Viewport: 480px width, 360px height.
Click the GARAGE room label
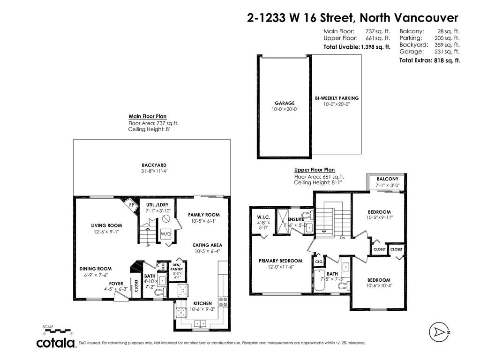click(x=285, y=103)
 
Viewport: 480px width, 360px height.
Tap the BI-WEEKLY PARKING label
click(x=337, y=98)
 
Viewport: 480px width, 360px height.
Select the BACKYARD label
click(x=154, y=165)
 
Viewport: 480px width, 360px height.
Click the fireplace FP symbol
click(x=132, y=205)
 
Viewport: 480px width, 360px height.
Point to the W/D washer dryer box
click(x=165, y=233)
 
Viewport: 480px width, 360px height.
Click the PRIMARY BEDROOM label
click(x=280, y=261)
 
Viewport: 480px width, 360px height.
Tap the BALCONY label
click(x=387, y=179)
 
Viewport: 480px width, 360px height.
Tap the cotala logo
click(x=56, y=343)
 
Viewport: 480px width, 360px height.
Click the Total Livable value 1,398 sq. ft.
click(x=375, y=47)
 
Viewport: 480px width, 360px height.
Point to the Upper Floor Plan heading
click(x=315, y=170)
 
